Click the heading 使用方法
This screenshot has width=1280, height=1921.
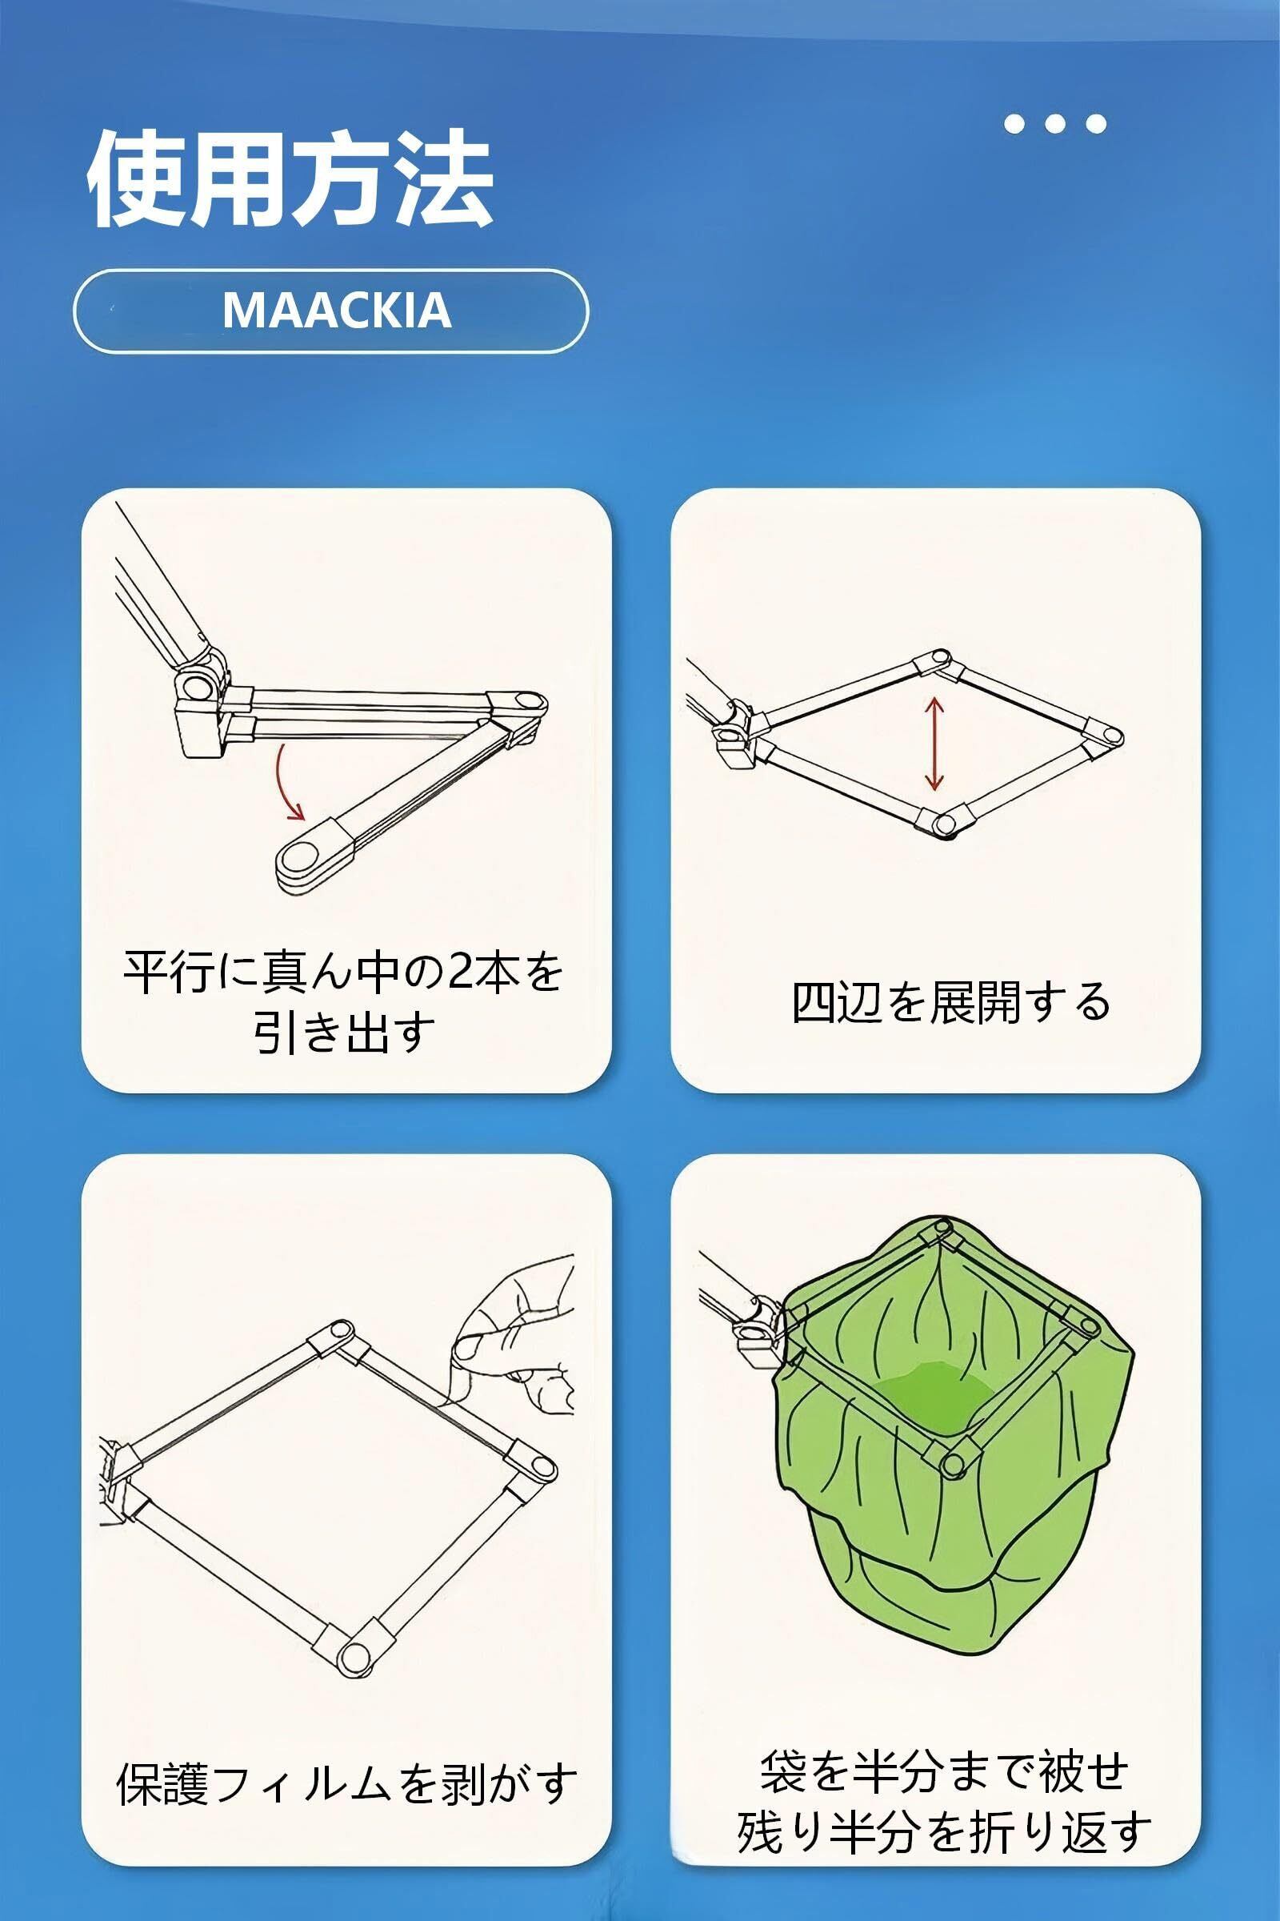pos(290,178)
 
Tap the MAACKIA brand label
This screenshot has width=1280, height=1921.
pos(336,311)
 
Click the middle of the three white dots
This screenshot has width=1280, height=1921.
pos(1054,124)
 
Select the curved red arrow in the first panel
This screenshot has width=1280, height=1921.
pos(287,785)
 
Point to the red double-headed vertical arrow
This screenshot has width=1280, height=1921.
pos(934,732)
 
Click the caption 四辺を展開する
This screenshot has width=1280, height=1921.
pos(951,1002)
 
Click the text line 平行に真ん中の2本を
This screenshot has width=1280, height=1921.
pos(343,973)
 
